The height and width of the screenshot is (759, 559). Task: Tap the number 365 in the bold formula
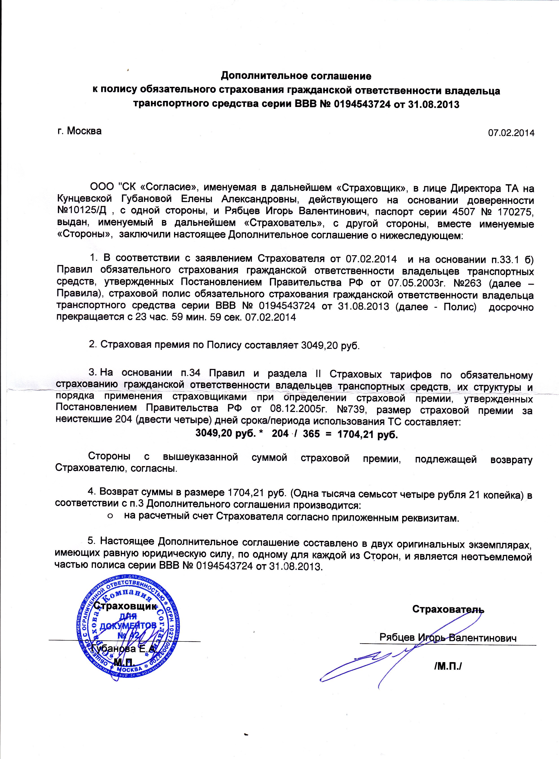tap(311, 434)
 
